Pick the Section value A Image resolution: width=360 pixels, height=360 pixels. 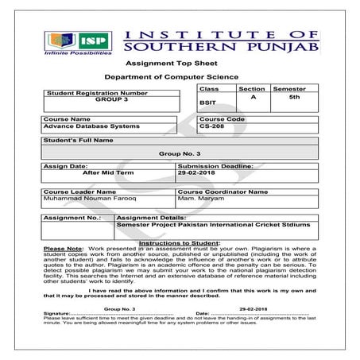(252, 97)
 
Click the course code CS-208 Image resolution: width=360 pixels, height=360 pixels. (212, 126)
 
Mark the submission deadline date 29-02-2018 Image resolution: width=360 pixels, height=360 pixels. (199, 172)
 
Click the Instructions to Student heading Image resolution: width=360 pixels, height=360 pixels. (180, 242)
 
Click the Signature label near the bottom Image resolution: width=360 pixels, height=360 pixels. (56, 314)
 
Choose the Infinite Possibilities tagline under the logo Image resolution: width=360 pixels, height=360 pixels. (78, 56)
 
